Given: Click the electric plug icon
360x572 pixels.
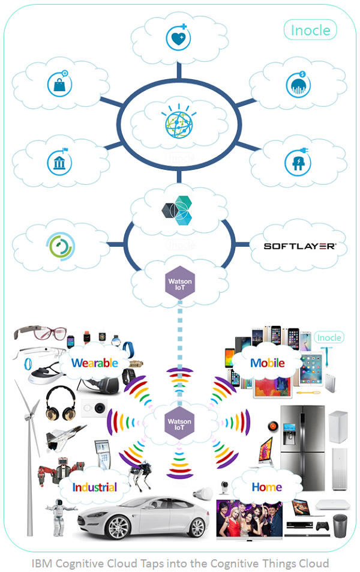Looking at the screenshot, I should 298,160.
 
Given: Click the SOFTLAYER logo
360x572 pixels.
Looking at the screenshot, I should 300,245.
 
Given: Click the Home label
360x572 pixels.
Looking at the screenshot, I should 266,486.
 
